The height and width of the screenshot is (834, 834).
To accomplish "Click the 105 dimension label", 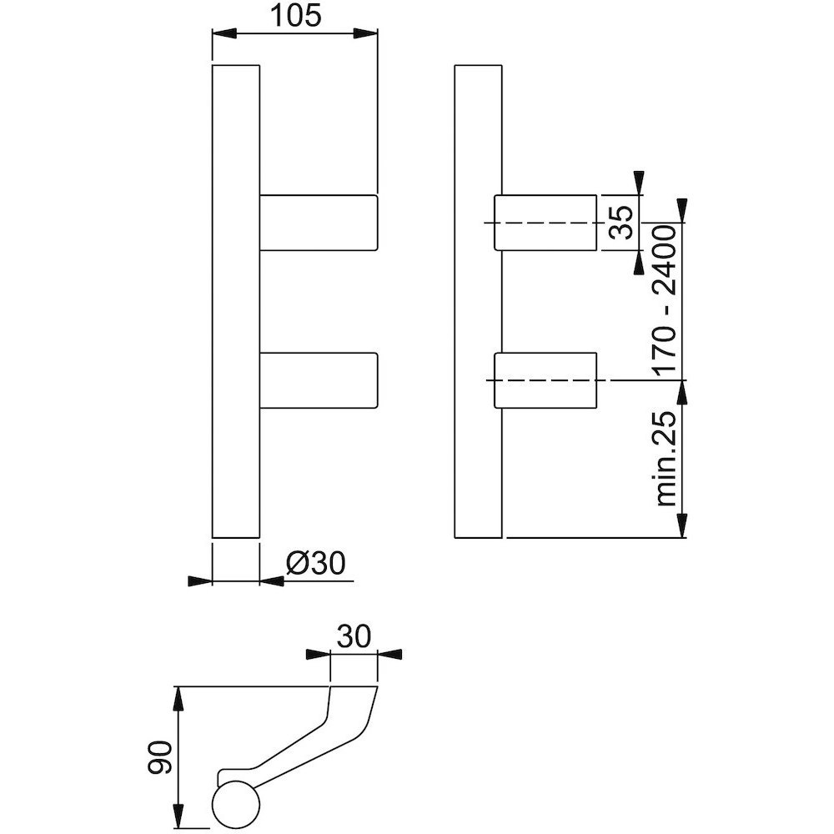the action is coord(296,16).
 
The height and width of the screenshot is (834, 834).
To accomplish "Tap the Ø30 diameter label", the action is coord(316,563).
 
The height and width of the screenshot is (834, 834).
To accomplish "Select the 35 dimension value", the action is coord(620,223).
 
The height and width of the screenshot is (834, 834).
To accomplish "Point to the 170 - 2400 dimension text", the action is coord(666,300).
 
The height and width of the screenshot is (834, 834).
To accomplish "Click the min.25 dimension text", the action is coord(666,459).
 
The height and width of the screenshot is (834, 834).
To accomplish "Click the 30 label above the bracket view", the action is coord(354,636).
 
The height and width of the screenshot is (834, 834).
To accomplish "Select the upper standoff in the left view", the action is coord(319,223).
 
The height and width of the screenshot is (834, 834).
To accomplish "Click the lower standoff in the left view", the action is coord(319,380).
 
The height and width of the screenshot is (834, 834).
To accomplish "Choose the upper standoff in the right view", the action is coord(545,223).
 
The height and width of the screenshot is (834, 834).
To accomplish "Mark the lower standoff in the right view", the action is coord(545,380).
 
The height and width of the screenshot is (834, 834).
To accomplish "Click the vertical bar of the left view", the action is coord(236,302).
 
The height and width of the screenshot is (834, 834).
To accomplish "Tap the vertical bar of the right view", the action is coord(479,302).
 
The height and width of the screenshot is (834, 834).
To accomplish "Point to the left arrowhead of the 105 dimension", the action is coord(224,33).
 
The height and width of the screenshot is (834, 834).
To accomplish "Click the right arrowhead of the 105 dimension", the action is coord(366,33).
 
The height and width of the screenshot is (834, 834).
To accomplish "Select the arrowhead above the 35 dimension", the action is coord(639,183).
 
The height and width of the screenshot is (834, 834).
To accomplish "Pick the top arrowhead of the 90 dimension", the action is coord(179,698).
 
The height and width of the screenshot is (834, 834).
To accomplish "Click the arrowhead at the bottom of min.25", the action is coord(683,525).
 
